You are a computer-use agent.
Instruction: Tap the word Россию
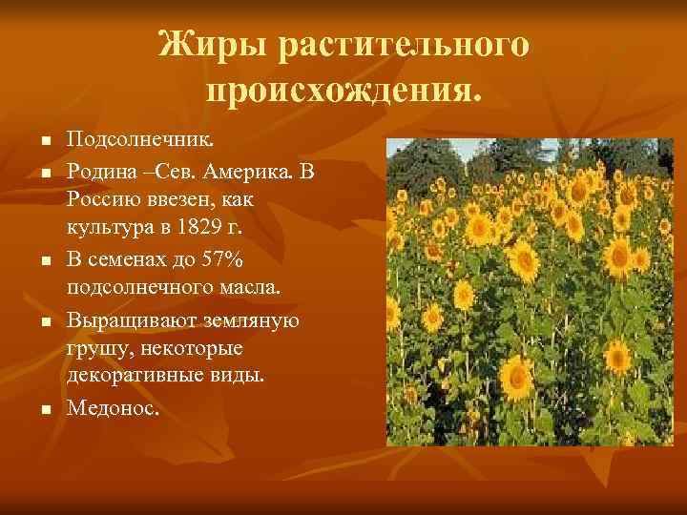[106, 199]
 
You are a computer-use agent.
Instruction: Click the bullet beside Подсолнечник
[44, 143]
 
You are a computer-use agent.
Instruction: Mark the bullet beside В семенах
[44, 259]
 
